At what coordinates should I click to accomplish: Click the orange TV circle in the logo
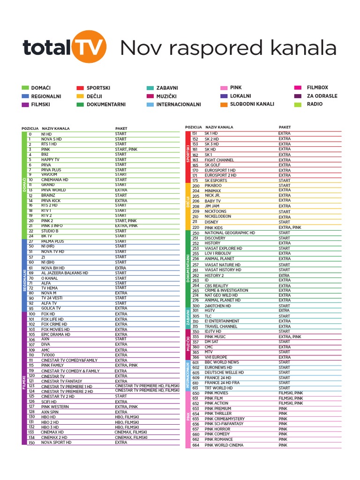(x=90, y=46)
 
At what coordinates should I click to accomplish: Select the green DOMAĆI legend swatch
(x=25, y=88)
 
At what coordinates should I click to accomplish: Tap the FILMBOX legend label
(x=317, y=88)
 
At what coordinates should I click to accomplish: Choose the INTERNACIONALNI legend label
(x=179, y=105)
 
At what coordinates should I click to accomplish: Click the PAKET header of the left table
(x=121, y=128)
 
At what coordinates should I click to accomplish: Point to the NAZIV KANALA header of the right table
(x=219, y=127)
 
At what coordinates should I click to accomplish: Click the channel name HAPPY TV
(x=50, y=160)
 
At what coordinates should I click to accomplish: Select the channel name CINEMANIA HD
(x=54, y=180)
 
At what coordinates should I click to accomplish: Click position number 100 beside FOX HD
(x=32, y=314)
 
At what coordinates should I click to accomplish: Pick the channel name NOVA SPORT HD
(x=56, y=442)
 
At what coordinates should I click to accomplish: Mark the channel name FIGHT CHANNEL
(x=219, y=160)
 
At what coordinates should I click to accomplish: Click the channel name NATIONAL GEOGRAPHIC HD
(x=230, y=233)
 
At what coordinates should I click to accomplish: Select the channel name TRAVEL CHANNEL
(x=221, y=326)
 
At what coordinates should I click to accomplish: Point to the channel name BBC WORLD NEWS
(x=222, y=362)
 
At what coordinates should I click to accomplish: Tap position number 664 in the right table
(x=195, y=445)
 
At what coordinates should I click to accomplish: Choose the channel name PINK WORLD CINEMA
(x=224, y=445)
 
